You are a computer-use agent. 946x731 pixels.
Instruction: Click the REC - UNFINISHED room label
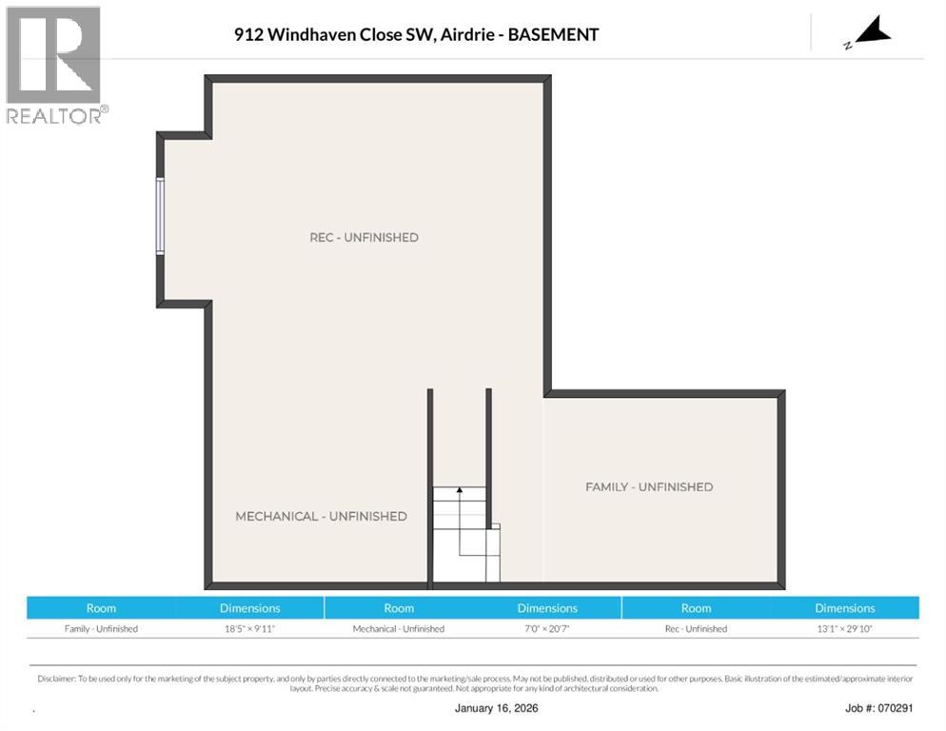(x=364, y=237)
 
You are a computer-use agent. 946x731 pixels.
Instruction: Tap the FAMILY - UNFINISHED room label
(x=648, y=486)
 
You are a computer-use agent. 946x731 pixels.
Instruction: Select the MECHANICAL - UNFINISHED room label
(x=321, y=516)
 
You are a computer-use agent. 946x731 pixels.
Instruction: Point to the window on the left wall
(x=160, y=216)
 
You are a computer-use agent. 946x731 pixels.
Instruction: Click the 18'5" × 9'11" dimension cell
(x=250, y=628)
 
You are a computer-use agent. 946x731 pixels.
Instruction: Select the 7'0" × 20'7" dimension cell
(x=547, y=628)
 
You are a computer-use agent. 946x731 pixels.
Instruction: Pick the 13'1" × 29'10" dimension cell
(x=844, y=628)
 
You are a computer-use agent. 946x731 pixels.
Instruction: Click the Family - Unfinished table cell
(x=101, y=628)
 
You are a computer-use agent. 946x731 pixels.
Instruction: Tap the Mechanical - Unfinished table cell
(x=399, y=628)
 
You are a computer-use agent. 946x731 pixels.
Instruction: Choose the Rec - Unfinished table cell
(x=696, y=628)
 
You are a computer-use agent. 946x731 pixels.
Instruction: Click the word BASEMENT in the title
(x=553, y=34)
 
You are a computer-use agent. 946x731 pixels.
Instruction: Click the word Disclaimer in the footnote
(x=56, y=679)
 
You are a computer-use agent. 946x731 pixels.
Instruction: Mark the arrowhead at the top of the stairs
(x=459, y=490)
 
